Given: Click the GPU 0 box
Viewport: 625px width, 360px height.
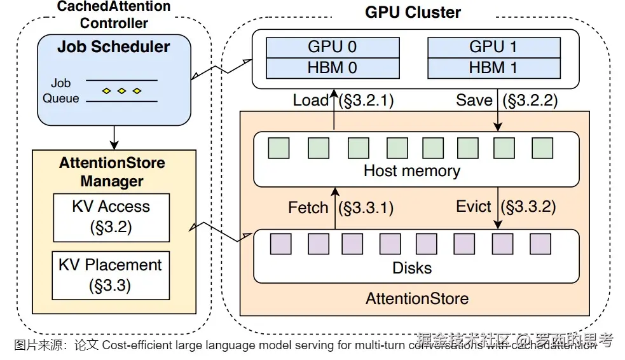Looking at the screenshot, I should pos(332,47).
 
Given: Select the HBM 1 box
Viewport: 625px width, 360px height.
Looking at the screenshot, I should pos(493,67).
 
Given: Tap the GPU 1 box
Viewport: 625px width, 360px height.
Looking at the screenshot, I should pos(493,47).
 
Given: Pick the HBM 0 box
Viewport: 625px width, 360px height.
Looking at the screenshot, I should pos(332,67).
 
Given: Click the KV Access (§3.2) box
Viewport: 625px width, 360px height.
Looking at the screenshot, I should pos(111,218).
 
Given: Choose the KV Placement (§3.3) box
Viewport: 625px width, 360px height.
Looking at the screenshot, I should pos(111,275).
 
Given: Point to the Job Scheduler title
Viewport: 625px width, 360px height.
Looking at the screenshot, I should pos(114,46).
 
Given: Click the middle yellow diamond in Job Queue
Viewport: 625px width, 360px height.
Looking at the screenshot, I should pos(121,91).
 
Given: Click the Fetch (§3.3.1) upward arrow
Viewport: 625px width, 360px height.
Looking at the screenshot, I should pos(334,207).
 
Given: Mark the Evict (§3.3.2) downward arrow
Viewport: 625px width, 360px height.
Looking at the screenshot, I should pos(497,207).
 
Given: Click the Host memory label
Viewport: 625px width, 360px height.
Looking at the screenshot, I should pos(411,170).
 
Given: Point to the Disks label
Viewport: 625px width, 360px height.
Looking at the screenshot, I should pos(412,268).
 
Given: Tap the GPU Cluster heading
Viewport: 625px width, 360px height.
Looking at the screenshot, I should pos(413,12).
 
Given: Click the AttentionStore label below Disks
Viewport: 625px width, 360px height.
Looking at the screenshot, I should pos(417,298).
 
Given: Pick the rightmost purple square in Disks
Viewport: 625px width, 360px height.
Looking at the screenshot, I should pos(540,244).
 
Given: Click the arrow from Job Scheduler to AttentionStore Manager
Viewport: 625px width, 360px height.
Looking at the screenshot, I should pos(114,135).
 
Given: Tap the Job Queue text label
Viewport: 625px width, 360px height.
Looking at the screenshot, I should pos(61,91).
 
